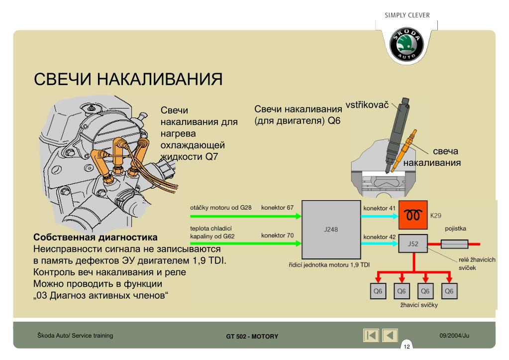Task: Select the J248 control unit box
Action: (x=330, y=230)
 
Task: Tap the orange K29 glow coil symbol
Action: (x=413, y=216)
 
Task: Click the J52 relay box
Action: (x=413, y=244)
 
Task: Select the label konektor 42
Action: (x=379, y=237)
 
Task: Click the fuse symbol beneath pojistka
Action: (x=454, y=244)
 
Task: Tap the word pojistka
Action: (x=455, y=229)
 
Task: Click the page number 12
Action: (x=407, y=347)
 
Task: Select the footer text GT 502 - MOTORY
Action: (x=252, y=336)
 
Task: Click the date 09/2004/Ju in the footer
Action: (x=454, y=336)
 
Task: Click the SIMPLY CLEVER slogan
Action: (x=407, y=14)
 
